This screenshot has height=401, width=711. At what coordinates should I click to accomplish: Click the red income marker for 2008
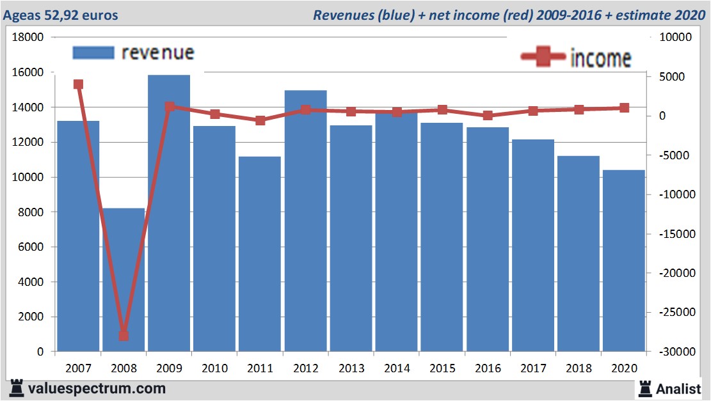click(124, 336)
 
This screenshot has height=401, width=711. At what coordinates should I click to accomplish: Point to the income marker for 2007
click(78, 84)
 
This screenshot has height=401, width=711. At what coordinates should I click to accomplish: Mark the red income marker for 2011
click(260, 120)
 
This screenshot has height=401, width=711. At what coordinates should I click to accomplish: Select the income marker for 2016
click(488, 116)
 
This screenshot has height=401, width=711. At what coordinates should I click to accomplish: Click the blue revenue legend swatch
click(93, 52)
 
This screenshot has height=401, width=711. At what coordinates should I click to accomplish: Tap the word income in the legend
click(600, 58)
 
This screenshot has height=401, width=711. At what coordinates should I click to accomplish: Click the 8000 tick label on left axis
click(31, 212)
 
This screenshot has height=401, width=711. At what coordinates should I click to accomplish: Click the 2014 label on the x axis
click(397, 368)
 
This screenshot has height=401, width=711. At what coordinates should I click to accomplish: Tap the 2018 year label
click(578, 368)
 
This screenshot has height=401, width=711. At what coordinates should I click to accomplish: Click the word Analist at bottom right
click(678, 388)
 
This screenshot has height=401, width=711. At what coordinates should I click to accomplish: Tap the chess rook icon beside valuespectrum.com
click(17, 388)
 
